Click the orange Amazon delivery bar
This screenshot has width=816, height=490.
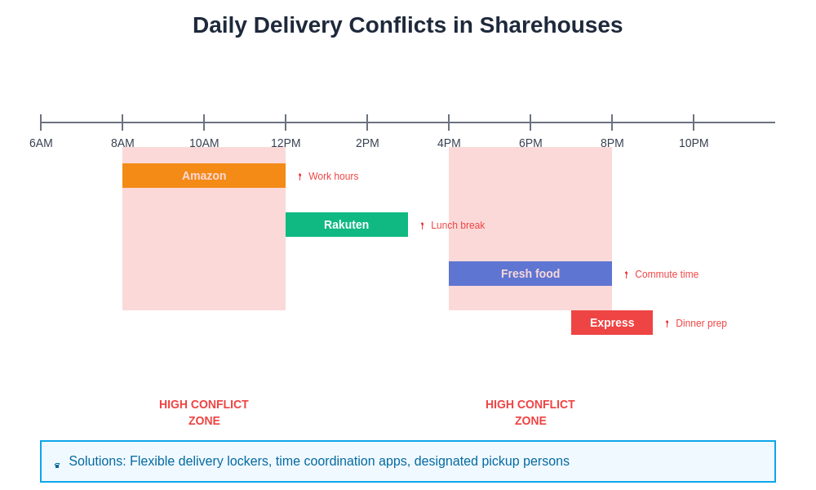click(204, 176)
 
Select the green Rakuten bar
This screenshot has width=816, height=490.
click(347, 225)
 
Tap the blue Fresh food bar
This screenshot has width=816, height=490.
click(530, 274)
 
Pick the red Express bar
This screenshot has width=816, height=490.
click(612, 323)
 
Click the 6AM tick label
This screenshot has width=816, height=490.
click(41, 143)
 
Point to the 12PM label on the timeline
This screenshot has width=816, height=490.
click(286, 143)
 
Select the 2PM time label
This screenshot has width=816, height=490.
click(367, 143)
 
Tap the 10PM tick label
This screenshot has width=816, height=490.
click(694, 143)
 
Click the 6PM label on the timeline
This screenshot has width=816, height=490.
click(530, 143)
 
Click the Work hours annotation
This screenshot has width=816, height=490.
click(333, 176)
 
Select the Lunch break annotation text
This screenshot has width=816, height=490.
click(457, 225)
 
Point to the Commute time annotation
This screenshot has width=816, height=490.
click(666, 274)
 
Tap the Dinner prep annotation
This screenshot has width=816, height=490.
click(700, 323)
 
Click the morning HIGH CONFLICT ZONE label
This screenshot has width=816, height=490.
click(204, 412)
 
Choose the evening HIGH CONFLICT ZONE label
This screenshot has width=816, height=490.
click(530, 412)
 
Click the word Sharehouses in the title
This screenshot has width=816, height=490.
click(551, 25)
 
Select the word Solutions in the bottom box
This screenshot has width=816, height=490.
click(97, 461)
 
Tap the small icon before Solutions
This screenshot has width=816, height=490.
click(57, 465)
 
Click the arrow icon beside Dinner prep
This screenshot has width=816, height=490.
click(667, 323)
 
